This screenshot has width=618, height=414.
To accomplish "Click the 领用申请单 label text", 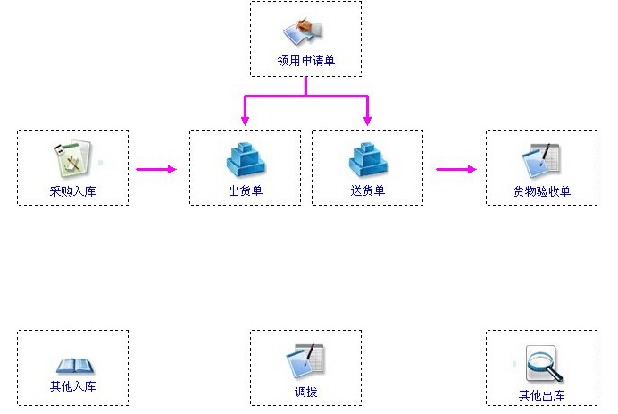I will click(x=305, y=62).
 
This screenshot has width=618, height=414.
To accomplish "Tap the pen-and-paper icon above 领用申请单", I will click(x=305, y=31).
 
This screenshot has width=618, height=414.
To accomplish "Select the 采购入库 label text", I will click(x=72, y=190).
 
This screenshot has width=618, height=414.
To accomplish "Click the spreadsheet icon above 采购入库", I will click(x=71, y=158).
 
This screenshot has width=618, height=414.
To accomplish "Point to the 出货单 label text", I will click(x=246, y=190).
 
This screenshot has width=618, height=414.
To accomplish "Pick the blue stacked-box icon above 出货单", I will click(x=246, y=160).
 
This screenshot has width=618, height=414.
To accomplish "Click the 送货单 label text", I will click(x=367, y=190).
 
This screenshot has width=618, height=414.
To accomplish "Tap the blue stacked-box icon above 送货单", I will click(x=367, y=160).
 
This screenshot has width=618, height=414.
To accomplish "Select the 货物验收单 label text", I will click(x=541, y=190).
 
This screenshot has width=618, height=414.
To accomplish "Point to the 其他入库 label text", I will click(x=72, y=387).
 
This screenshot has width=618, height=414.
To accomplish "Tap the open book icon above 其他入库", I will click(x=72, y=365).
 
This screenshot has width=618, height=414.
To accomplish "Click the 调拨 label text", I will click(x=305, y=392).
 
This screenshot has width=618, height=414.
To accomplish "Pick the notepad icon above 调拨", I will click(x=305, y=361).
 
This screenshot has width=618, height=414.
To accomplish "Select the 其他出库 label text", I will click(x=541, y=395).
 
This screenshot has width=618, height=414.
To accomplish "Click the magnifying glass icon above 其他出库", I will click(x=543, y=364).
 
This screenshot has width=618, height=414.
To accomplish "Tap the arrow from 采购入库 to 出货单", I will click(x=156, y=168).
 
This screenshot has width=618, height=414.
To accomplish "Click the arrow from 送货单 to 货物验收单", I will click(x=456, y=168).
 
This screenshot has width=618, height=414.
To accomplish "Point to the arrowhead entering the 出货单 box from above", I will click(x=246, y=121).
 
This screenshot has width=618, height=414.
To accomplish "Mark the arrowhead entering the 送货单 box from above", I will click(x=367, y=121).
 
